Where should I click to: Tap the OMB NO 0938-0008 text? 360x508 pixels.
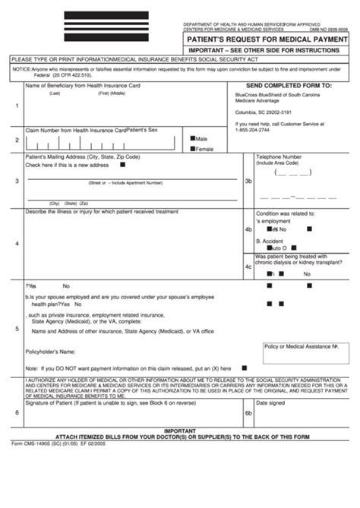331,30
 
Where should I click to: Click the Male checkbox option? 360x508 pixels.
194,139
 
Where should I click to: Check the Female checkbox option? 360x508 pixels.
194,149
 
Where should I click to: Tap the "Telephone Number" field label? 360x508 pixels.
281,157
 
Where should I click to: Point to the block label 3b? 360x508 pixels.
248,181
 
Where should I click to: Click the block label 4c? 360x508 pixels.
248,267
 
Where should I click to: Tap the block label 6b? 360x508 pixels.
248,413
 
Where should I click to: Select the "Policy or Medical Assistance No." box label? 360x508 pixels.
301,345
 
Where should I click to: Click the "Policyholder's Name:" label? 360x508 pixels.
52,352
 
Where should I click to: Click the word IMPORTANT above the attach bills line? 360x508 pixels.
180,429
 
